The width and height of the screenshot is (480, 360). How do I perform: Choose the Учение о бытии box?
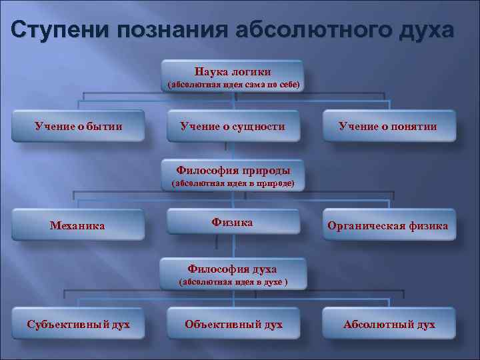click(79, 126)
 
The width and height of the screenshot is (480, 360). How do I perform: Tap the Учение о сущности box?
click(233, 126)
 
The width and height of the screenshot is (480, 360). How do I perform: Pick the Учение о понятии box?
click(387, 126)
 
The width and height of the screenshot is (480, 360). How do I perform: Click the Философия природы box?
click(233, 169)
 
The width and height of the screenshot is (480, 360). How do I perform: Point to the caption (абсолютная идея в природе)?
click(233, 183)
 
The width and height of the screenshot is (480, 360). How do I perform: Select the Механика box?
click(78, 225)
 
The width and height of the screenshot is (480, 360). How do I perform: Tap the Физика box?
click(232, 222)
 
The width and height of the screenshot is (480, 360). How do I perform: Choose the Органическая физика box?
click(387, 225)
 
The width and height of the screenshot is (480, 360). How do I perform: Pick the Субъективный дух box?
click(78, 324)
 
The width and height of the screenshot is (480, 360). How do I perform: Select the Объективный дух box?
click(233, 324)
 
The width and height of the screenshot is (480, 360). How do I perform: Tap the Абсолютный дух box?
click(389, 324)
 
